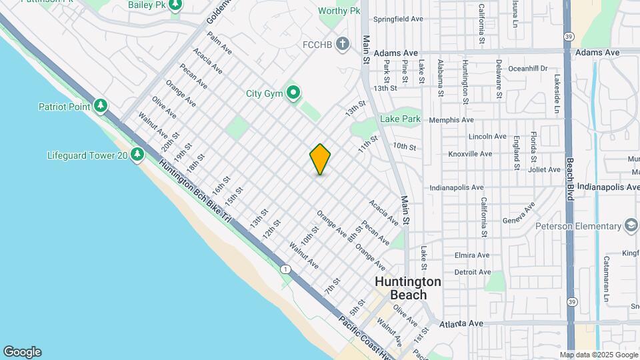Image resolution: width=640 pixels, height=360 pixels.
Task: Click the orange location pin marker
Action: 320,159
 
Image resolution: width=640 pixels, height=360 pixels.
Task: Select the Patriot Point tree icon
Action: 101,106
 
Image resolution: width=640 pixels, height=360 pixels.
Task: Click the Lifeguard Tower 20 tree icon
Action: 137,155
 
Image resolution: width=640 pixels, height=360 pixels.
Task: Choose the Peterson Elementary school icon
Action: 631,226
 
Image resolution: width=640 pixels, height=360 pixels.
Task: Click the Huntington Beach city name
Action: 408,288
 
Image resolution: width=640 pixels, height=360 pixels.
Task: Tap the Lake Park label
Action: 400,119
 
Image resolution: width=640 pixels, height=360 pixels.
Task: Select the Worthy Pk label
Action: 339,11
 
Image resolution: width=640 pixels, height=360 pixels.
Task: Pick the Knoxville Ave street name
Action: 469,153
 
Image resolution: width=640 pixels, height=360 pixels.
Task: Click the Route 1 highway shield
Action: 285,269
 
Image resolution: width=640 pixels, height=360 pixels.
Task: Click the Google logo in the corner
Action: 22,352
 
